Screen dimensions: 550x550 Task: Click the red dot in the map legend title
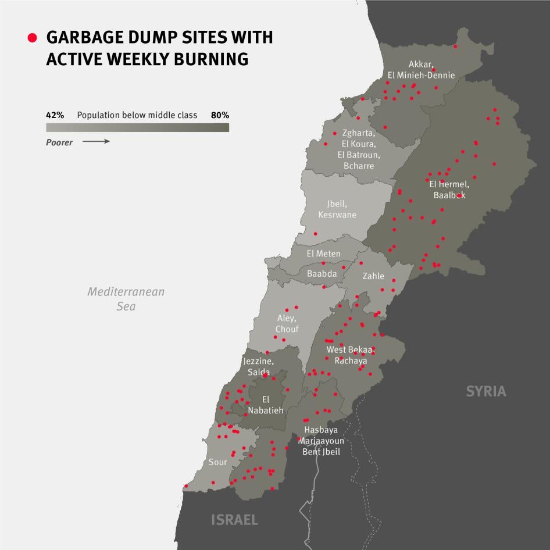[x=33, y=38]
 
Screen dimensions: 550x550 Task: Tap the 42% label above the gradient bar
[x=55, y=115]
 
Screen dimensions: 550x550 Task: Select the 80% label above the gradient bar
[x=220, y=115]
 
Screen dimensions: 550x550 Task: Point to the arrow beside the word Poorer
[x=96, y=141]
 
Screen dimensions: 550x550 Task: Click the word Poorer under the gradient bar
[x=59, y=142]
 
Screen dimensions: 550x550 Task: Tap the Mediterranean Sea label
[x=126, y=298]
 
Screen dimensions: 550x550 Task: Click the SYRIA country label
[x=486, y=391]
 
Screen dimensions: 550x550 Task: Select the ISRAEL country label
[x=234, y=519]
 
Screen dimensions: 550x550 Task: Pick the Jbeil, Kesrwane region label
[x=337, y=209]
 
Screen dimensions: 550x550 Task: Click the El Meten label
[x=324, y=253]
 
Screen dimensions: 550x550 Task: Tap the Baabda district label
[x=322, y=273]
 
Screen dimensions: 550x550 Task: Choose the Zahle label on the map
[x=373, y=276]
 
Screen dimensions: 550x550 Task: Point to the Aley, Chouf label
[x=287, y=324]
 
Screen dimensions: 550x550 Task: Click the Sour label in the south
[x=218, y=463]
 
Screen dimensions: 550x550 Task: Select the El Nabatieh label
[x=266, y=405]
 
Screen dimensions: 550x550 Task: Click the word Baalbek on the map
[x=449, y=195]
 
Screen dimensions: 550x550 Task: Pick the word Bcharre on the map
[x=359, y=166]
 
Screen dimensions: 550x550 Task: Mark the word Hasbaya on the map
[x=321, y=430]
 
